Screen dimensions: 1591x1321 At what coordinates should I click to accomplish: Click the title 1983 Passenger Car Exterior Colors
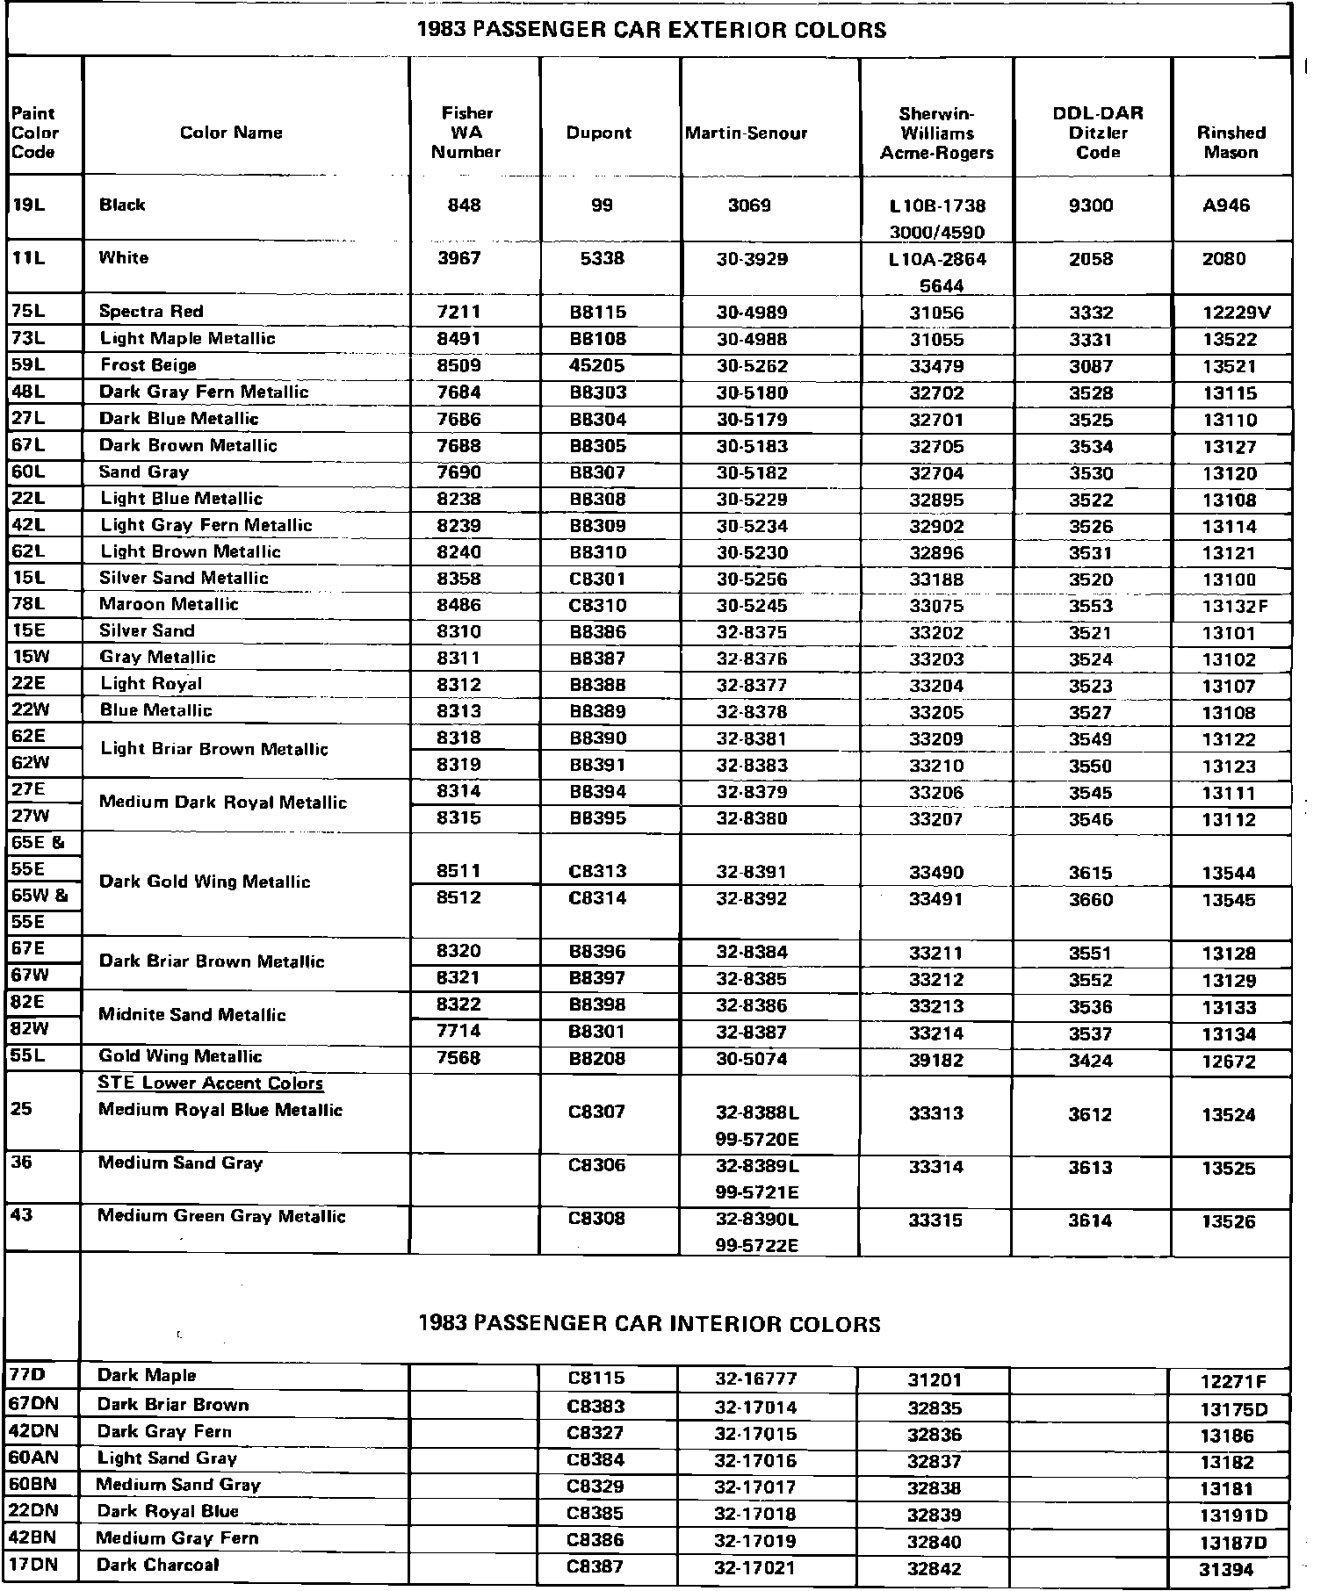pos(651,31)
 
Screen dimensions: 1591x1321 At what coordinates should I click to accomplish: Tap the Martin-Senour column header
pos(747,133)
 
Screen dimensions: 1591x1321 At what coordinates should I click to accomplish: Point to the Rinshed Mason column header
pos(1231,142)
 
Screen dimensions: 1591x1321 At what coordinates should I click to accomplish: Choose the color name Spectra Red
pos(151,312)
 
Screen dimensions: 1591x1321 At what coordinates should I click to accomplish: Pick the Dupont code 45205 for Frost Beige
pos(599,366)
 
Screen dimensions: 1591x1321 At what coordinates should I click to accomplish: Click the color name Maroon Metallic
pos(169,605)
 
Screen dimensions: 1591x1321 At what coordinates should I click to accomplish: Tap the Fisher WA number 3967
pos(459,259)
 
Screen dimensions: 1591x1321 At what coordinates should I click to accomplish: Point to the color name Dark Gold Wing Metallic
pos(205,882)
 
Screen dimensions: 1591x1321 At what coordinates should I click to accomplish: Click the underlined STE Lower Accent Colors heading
pos(211,1083)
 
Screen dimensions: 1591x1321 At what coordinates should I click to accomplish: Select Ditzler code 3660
pos(1091,900)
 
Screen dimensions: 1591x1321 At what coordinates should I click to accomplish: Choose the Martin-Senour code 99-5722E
pos(757,1246)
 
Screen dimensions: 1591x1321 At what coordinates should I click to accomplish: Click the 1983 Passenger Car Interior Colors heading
pos(649,1324)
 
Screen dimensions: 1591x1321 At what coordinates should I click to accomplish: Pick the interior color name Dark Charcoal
pos(158,1565)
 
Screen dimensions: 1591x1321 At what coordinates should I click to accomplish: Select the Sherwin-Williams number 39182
pos(936,1060)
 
